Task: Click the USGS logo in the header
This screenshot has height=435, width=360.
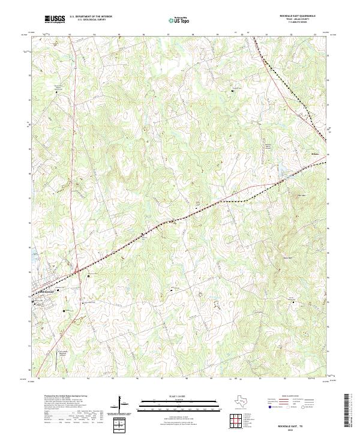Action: click(x=55, y=19)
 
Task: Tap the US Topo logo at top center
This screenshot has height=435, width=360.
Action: click(x=178, y=20)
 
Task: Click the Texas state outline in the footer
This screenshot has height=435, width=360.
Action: click(x=248, y=401)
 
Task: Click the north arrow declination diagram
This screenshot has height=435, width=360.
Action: click(x=122, y=403)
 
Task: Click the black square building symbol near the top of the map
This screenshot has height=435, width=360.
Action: click(x=233, y=90)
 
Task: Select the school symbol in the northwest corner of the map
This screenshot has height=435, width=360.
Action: click(x=58, y=92)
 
